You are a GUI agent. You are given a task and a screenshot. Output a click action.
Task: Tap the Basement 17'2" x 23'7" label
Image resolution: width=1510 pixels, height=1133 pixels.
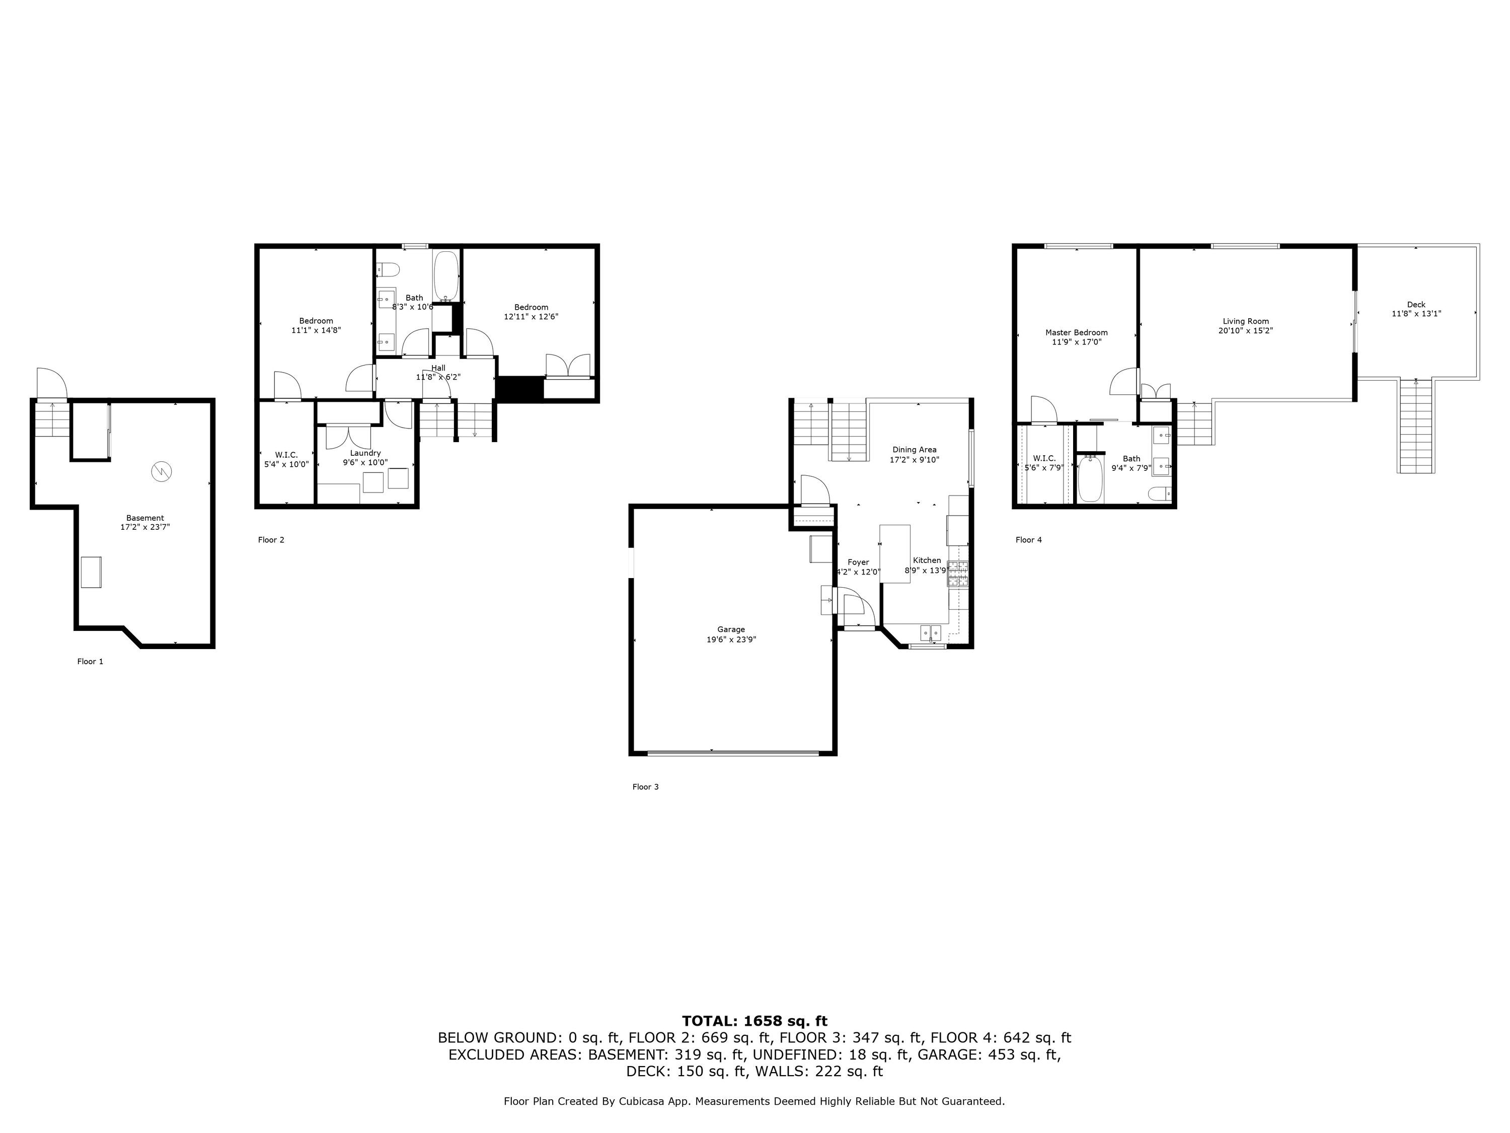145,523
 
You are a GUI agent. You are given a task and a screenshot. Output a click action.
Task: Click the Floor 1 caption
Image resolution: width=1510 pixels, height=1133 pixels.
90,661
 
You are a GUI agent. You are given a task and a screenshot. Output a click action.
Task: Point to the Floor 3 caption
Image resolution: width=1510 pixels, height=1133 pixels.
645,787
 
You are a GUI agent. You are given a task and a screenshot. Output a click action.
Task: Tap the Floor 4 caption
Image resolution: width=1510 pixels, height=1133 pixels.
1029,539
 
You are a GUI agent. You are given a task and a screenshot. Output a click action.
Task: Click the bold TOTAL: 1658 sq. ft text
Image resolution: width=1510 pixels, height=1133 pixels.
754,1021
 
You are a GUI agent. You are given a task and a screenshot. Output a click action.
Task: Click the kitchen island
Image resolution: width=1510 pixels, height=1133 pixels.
895,553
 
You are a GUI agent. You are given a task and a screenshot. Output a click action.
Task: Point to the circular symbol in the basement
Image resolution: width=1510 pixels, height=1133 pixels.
162,470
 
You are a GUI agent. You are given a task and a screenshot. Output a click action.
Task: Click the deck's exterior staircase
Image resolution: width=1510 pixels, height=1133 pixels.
1416,426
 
